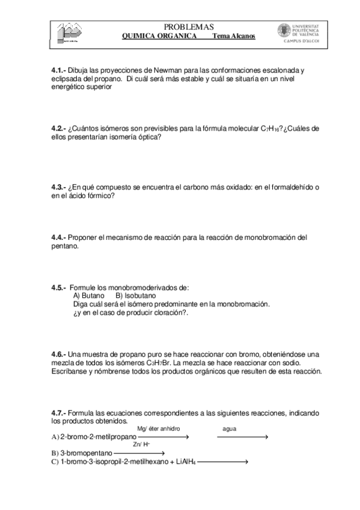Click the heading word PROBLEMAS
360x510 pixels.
188,26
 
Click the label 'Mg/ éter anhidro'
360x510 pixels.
159,429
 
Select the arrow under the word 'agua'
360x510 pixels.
242,437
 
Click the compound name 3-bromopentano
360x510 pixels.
85,453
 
